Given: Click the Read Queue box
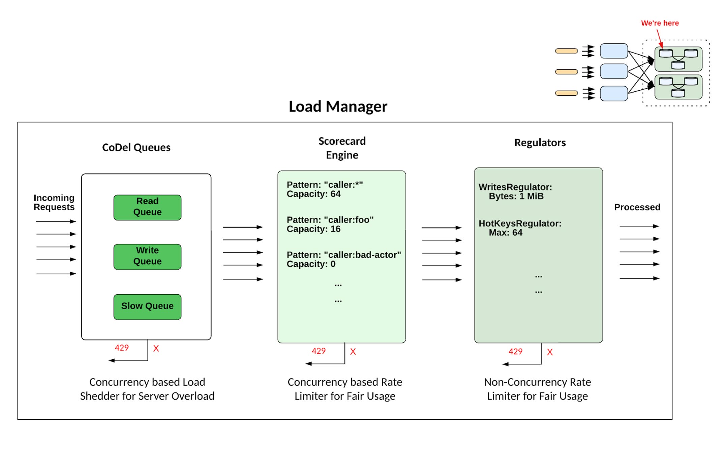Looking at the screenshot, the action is [147, 207].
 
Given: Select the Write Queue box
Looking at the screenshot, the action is [147, 257].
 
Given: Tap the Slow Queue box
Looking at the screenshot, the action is [147, 307].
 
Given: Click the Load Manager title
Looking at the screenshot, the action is [338, 107].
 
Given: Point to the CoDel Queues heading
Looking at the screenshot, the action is [136, 147].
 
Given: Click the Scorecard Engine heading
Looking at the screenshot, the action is [342, 148].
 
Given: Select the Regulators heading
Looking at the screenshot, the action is [540, 143].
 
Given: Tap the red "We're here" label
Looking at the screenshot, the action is [660, 23].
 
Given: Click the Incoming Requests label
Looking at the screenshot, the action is [54, 202].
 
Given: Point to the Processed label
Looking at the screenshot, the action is [637, 207].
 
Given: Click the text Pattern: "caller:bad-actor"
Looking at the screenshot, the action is [344, 255].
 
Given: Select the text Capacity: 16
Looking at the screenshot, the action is [313, 229].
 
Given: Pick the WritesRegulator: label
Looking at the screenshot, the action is [515, 187].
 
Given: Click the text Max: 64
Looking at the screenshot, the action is [506, 233].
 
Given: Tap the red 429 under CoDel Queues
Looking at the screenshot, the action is [122, 348].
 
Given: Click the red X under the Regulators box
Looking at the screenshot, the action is [550, 352].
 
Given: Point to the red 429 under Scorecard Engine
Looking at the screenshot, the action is [318, 351].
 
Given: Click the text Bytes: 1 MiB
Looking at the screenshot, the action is [516, 196].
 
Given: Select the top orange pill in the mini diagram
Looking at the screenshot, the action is [566, 51].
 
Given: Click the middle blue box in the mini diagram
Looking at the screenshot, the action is [614, 71].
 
